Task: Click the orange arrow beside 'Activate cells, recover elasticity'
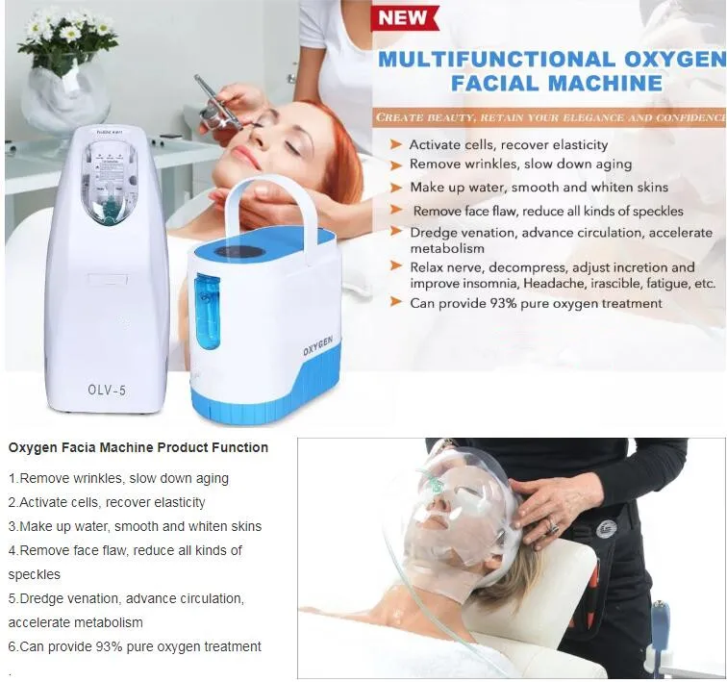pyautogui.click(x=394, y=145)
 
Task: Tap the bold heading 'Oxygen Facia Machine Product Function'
pyautogui.click(x=138, y=448)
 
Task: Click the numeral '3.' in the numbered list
pyautogui.click(x=13, y=526)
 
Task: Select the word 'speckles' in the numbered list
pyautogui.click(x=35, y=574)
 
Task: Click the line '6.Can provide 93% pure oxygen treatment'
pyautogui.click(x=135, y=646)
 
